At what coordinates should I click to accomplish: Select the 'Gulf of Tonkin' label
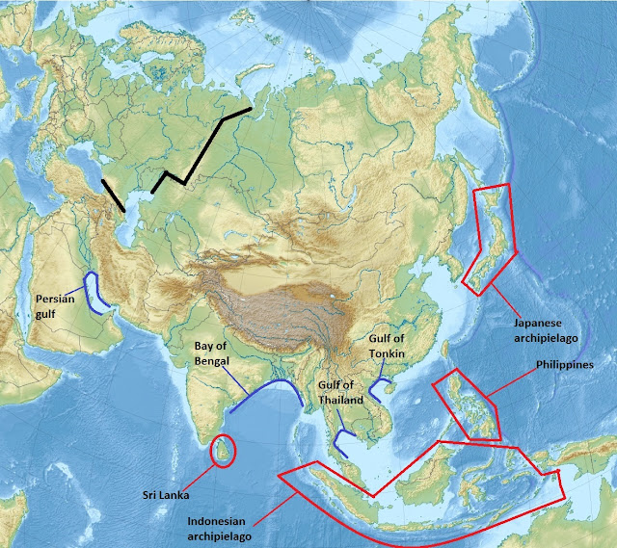(389, 346)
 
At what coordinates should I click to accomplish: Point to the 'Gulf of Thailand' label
(340, 391)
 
